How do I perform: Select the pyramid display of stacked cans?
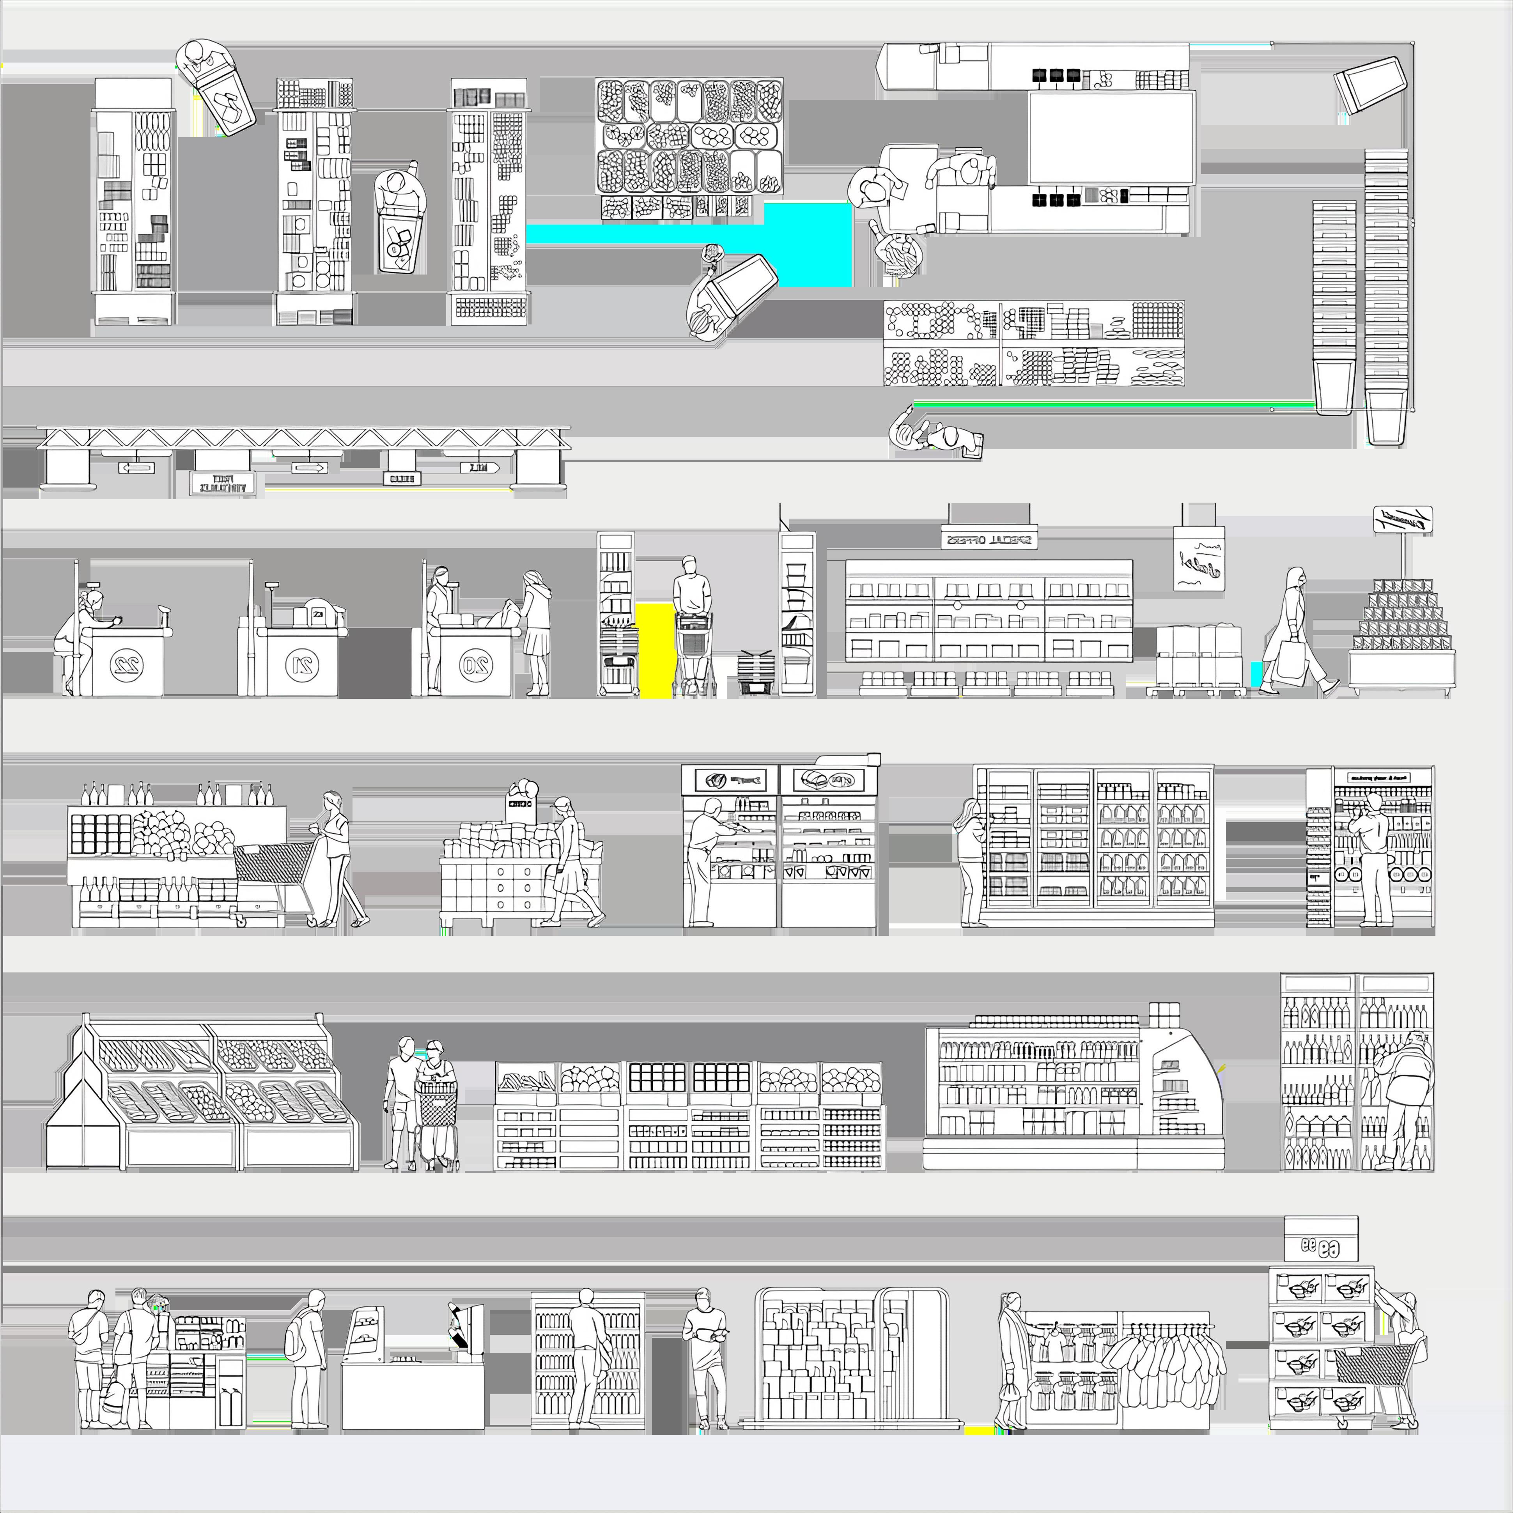pyautogui.click(x=1402, y=627)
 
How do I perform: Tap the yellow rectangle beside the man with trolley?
pyautogui.click(x=655, y=648)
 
